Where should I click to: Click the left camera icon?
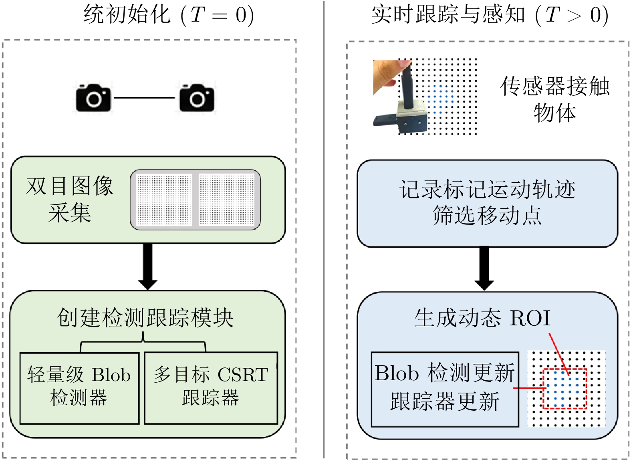(93, 97)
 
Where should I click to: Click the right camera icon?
(197, 97)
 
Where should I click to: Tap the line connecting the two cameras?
(144, 97)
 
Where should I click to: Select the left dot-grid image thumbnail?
(164, 200)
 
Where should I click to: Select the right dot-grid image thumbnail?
(227, 200)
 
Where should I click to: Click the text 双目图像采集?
(70, 199)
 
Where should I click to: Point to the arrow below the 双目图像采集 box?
(147, 266)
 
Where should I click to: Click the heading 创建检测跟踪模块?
(145, 318)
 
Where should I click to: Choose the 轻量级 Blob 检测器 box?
(79, 387)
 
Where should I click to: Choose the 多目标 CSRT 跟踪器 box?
(211, 387)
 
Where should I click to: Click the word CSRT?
(243, 375)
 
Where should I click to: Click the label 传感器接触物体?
(555, 99)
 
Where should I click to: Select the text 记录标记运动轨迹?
(487, 189)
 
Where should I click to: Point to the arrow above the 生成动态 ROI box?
(484, 268)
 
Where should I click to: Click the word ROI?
(530, 319)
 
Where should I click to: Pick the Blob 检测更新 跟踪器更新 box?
(445, 389)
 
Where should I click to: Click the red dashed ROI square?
(565, 389)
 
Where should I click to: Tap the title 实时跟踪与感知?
(448, 15)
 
